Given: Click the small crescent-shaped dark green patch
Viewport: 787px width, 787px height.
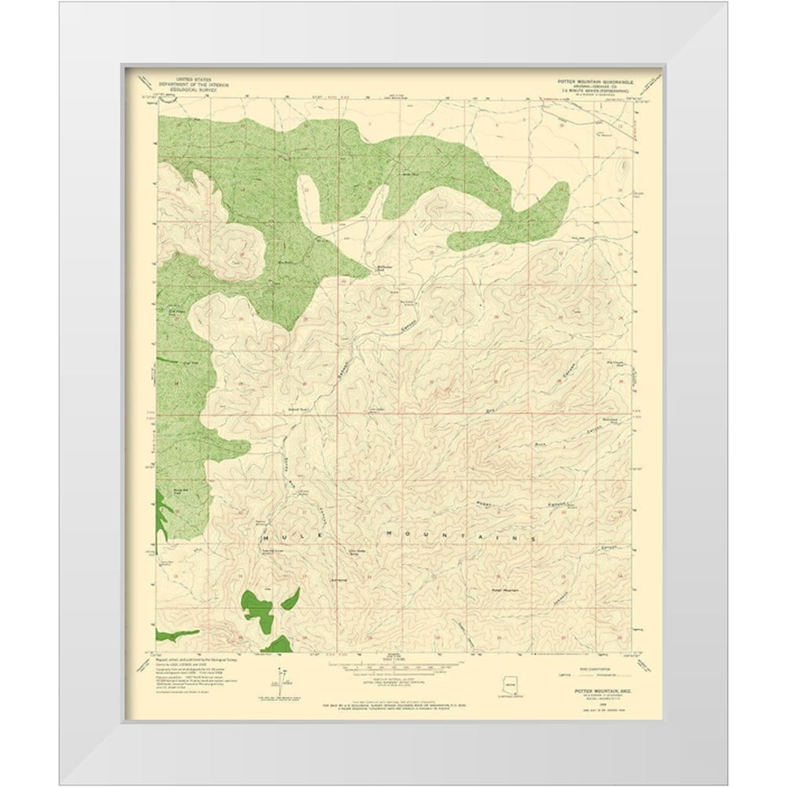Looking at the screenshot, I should (x=290, y=599).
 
